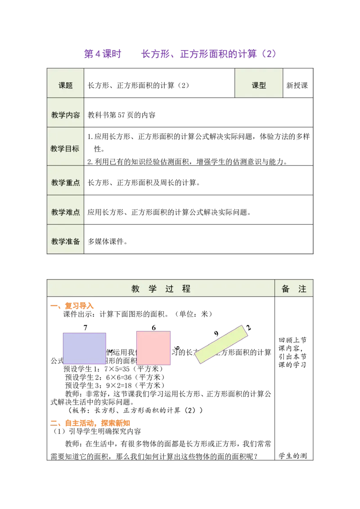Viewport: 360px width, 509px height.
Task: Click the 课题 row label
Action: (x=66, y=85)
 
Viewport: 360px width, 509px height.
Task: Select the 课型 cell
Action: (x=259, y=85)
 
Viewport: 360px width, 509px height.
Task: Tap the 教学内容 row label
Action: (x=66, y=115)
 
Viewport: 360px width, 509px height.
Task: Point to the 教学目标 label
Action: (x=66, y=148)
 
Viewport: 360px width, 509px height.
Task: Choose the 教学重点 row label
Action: (x=66, y=183)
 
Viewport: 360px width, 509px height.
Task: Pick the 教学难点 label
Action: (x=66, y=212)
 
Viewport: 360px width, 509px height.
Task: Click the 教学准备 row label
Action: (x=66, y=241)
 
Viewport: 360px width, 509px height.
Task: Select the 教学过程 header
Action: (x=161, y=289)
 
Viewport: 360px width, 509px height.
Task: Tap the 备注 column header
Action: (x=294, y=289)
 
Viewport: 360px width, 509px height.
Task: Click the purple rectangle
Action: (x=85, y=348)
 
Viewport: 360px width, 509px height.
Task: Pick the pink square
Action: (x=153, y=348)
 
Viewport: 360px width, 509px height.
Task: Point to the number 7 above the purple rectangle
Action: (x=85, y=328)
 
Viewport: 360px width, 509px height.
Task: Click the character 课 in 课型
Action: (x=255, y=85)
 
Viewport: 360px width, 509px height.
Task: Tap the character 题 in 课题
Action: (x=69, y=85)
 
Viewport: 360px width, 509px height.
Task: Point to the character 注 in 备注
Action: (x=302, y=289)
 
